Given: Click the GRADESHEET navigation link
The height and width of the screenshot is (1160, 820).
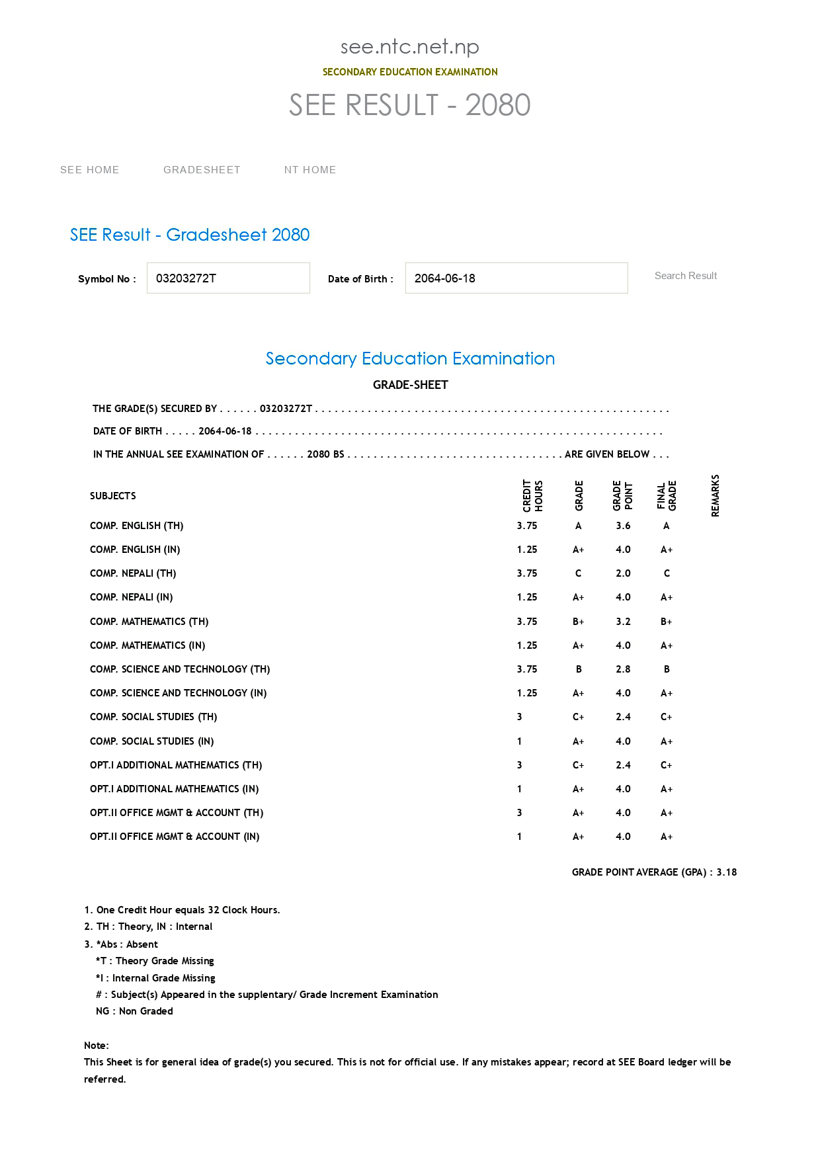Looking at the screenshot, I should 202,170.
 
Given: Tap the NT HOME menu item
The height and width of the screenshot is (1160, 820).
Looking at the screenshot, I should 310,170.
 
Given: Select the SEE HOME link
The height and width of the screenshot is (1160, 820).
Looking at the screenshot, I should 90,170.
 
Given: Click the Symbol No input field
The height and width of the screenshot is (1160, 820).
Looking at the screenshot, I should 228,278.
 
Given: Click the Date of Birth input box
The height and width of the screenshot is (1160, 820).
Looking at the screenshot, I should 516,278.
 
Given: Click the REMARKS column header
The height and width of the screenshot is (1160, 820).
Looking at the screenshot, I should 715,495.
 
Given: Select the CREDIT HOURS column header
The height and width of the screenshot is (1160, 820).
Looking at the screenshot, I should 532,495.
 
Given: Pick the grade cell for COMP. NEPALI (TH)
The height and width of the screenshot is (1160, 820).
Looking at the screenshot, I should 579,573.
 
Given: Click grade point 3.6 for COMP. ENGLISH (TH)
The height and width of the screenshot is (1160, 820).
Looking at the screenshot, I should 623,526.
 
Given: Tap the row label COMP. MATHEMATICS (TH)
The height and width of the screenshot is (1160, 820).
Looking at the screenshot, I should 149,622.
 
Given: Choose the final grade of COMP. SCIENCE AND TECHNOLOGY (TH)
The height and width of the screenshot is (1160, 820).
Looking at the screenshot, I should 667,669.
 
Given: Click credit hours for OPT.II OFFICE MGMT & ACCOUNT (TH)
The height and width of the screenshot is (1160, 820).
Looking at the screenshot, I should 520,813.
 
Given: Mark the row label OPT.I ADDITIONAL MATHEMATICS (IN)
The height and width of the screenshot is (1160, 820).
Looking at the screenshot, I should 175,789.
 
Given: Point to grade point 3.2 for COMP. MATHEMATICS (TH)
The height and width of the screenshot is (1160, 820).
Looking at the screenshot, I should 623,622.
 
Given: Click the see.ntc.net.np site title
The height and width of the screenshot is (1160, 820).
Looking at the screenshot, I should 410,46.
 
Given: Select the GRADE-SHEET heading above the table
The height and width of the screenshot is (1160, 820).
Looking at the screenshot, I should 410,385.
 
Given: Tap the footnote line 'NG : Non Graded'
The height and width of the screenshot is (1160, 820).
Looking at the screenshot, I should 134,1011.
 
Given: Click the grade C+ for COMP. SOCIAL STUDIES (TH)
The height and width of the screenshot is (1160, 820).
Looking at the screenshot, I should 579,717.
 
